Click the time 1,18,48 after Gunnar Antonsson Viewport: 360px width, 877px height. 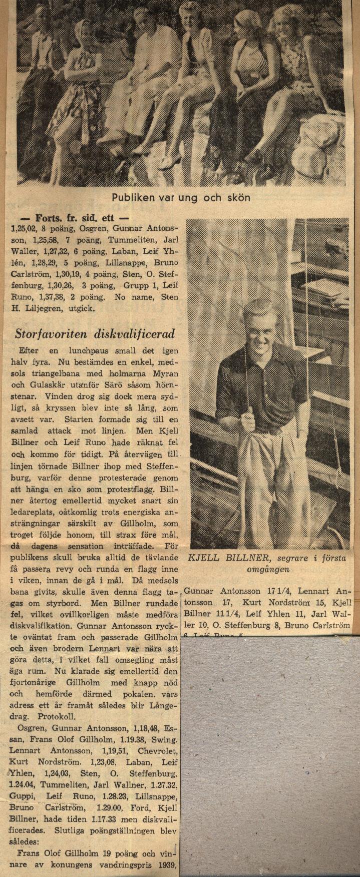point(142,727)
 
